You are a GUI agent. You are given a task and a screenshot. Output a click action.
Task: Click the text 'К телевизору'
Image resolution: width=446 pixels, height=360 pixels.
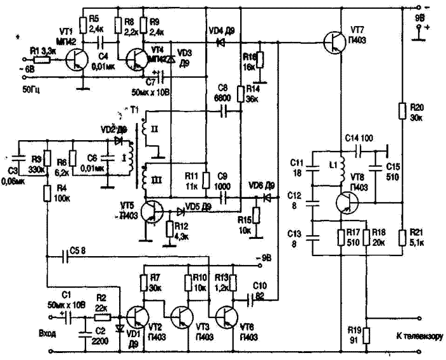(x=417, y=336)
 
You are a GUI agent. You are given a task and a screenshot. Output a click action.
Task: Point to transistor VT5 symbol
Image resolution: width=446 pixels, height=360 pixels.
(x=152, y=212)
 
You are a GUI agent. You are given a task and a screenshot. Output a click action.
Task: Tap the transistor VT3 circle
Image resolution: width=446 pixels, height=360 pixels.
(x=183, y=316)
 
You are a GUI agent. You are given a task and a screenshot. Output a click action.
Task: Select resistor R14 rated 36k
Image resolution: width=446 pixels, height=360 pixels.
(x=241, y=94)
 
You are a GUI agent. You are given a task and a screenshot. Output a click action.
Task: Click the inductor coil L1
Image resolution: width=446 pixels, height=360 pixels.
(x=338, y=168)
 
